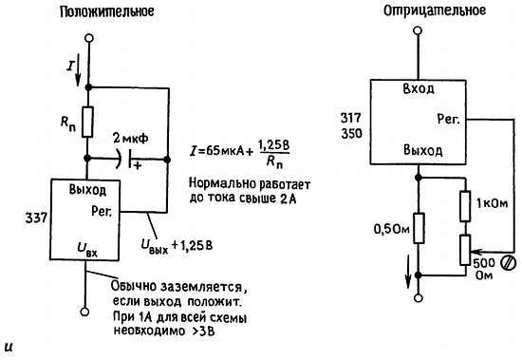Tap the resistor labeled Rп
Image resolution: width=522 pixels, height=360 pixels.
pyautogui.click(x=88, y=121)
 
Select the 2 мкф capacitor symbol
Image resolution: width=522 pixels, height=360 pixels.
pyautogui.click(x=128, y=158)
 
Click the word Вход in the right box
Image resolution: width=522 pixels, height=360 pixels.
pyautogui.click(x=418, y=87)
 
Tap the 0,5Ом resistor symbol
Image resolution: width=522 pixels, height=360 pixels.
pyautogui.click(x=417, y=228)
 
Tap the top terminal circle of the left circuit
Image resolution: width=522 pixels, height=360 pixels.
pyautogui.click(x=88, y=40)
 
